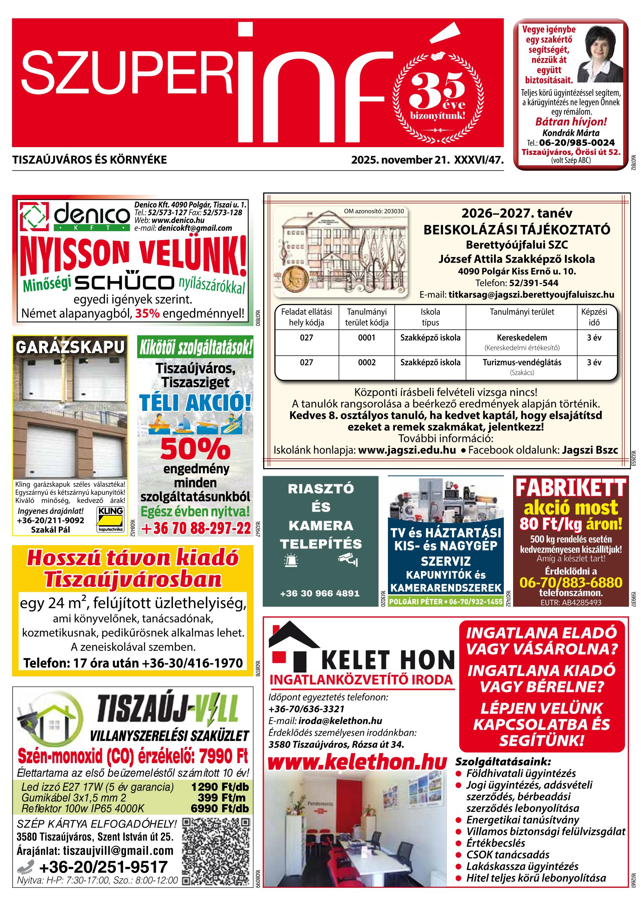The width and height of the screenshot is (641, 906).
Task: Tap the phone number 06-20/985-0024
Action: click(577, 142)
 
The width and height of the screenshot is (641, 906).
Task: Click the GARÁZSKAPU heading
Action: click(70, 347)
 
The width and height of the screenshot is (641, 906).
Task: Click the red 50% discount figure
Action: click(195, 449)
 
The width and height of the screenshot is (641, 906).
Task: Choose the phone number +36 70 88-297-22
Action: click(195, 528)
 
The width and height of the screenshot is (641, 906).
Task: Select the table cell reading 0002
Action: click(367, 362)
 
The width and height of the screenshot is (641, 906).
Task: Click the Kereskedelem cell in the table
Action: click(522, 337)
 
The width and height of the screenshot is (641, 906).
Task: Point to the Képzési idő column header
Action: click(594, 317)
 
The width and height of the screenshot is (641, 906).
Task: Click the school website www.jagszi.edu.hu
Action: click(407, 450)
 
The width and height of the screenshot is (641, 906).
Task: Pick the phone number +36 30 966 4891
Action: click(320, 593)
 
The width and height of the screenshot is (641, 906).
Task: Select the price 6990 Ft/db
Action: click(220, 808)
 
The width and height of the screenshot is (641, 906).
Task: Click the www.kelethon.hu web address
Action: click(357, 762)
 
